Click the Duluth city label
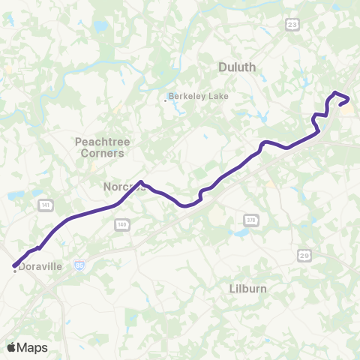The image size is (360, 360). click(237, 67)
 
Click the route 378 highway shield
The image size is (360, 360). click(250, 219)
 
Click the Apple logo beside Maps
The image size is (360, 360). click(12, 347)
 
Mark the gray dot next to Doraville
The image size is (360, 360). click(15, 271)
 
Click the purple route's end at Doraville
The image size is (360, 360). click(14, 265)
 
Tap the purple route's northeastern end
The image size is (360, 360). click(340, 104)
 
